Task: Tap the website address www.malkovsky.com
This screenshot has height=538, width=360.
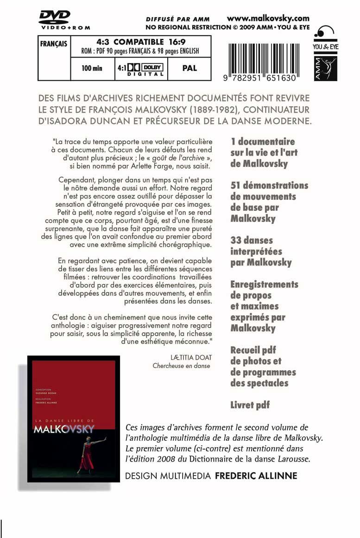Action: pos(268,19)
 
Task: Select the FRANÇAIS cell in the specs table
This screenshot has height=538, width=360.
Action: pos(54,44)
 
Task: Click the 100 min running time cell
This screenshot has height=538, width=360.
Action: pos(92,69)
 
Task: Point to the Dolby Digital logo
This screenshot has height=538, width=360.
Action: pos(140,69)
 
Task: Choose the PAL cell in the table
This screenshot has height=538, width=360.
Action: pos(189,68)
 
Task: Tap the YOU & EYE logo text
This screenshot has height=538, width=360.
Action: pos(325,47)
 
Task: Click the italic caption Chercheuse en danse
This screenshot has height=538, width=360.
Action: pos(181,366)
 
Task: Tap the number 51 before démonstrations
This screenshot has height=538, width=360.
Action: pos(235,185)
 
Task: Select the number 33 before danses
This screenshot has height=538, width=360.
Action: pos(236,241)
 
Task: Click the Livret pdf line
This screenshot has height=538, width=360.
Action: pos(250,405)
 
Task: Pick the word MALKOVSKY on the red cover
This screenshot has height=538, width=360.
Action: pos(64,429)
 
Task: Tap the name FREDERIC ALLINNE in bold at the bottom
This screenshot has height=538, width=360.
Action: pos(256,476)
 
